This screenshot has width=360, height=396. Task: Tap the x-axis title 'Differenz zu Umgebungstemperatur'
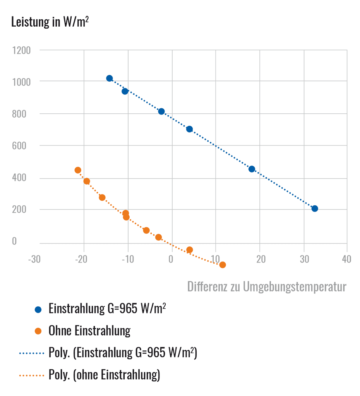[x=266, y=287]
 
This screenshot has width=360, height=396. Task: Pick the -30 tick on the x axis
[x=34, y=259]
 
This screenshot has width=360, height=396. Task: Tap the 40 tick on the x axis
[x=346, y=259]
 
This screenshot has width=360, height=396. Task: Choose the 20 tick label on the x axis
[x=261, y=259]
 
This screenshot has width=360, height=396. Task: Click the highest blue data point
[x=109, y=79]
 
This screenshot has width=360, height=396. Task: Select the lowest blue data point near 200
[x=315, y=208]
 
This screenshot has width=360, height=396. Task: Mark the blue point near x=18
[x=252, y=169]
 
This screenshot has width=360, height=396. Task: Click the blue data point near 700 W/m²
[x=189, y=129]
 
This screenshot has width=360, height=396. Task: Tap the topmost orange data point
[x=78, y=170]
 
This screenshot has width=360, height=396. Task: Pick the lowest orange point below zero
[x=223, y=265]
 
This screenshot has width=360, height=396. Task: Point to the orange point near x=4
[x=189, y=250]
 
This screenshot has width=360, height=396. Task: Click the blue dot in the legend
[x=38, y=309]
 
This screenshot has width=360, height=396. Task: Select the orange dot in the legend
[x=38, y=331]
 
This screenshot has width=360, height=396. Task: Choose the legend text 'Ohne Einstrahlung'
[x=89, y=331]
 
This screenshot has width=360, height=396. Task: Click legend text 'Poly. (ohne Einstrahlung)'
[x=104, y=375]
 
